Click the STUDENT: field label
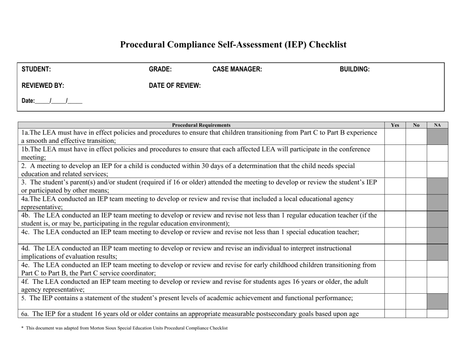36,70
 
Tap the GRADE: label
160,70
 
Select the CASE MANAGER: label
237,70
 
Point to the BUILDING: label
355,70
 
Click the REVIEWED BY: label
43,85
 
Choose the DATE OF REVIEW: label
175,85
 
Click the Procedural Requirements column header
202,125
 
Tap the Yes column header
395,125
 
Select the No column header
416,125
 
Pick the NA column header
438,125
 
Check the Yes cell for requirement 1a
395,137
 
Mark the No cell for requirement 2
416,169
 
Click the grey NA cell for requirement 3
438,186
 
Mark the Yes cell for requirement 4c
395,235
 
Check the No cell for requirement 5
416,302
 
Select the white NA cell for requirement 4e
438,269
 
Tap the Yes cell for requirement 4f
395,285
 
